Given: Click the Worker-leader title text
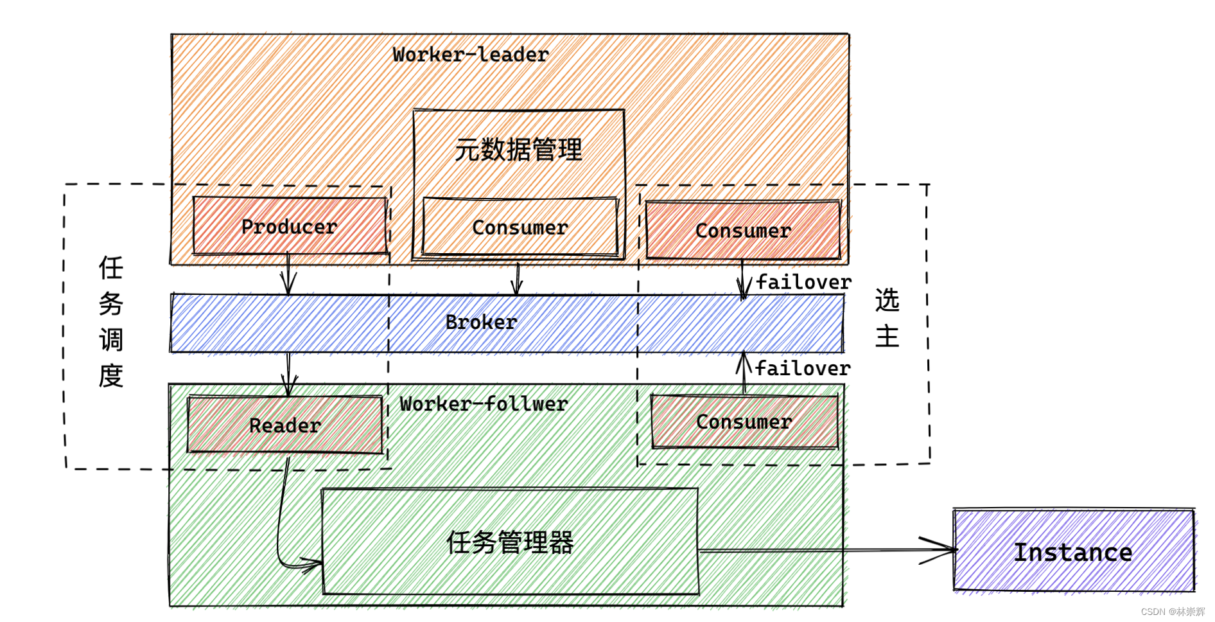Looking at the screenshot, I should click(471, 55).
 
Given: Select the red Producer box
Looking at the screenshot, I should click(290, 226).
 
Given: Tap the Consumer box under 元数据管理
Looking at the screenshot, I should click(520, 227).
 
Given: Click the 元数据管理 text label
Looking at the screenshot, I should click(518, 150).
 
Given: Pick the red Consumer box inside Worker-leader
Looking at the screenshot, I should click(743, 231).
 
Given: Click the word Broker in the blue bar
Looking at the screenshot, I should click(481, 323).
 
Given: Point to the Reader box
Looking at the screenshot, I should click(284, 425).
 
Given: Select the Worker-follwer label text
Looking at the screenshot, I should click(484, 404).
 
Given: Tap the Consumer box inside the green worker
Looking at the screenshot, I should click(744, 422).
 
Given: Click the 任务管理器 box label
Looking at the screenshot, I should click(510, 543).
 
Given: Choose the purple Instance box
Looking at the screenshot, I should click(1073, 552).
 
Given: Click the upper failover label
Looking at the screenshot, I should click(803, 283).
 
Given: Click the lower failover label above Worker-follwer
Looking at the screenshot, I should click(803, 369).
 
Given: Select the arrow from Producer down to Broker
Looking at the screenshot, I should click(288, 274).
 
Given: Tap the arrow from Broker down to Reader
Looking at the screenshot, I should click(288, 373).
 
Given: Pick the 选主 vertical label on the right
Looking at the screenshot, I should click(887, 318).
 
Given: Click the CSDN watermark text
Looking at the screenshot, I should click(1173, 612).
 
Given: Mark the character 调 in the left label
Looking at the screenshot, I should click(110, 340).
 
